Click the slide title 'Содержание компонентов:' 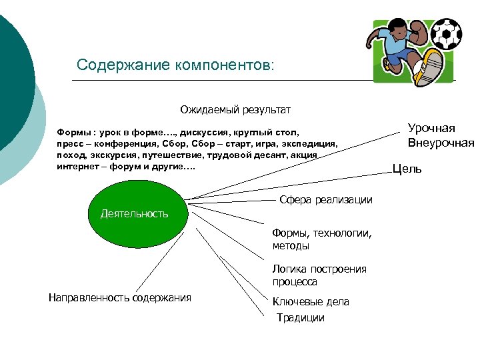tap(175, 65)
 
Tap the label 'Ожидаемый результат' tap(235, 109)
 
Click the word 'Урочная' tap(431, 129)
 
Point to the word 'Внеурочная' tap(441, 143)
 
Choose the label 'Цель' tap(407, 169)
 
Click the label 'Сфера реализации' tap(325, 200)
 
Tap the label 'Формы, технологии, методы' tap(321, 239)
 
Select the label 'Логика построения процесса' tap(319, 275)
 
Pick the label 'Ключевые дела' tap(310, 301)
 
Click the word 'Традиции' tap(301, 318)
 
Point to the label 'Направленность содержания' tap(120, 297)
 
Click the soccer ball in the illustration tap(446, 33)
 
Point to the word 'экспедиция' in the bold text tap(313, 143)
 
